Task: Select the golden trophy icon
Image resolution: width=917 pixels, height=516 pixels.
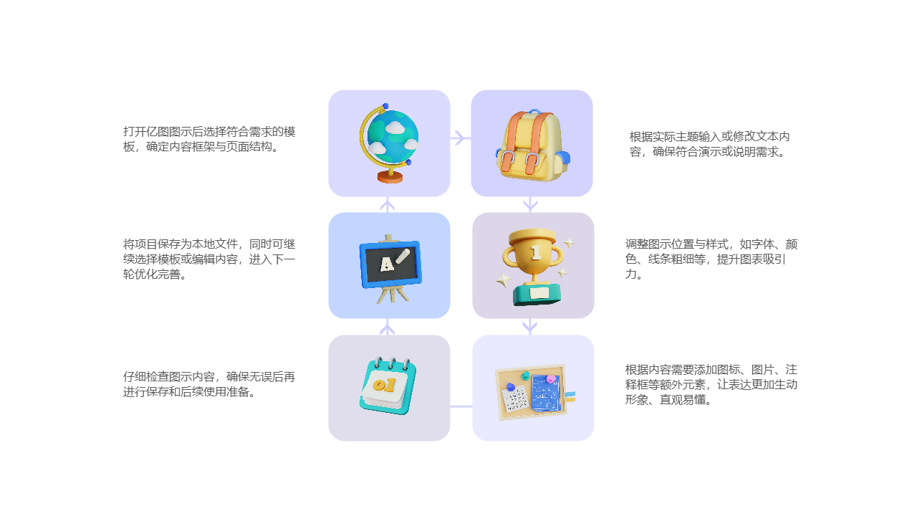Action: [x=534, y=266]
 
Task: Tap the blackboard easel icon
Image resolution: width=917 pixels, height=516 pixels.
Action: [x=389, y=267]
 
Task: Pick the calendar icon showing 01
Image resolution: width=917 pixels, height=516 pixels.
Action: [x=388, y=386]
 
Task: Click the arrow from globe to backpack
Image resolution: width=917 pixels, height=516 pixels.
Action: [x=461, y=138]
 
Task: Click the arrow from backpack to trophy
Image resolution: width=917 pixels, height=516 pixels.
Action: [x=530, y=204]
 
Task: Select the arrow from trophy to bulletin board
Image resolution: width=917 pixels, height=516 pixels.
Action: [x=529, y=327]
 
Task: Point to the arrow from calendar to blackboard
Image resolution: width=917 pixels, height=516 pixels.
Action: [x=387, y=328]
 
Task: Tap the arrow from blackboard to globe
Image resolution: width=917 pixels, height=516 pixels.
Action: [x=387, y=205]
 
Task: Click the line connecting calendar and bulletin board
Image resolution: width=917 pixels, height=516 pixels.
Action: [x=461, y=406]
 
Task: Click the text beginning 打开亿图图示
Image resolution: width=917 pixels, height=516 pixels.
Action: [x=209, y=139]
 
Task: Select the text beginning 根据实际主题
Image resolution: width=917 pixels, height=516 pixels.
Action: [x=709, y=144]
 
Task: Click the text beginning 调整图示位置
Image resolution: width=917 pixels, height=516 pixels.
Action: [x=711, y=259]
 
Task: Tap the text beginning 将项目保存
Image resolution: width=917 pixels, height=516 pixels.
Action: [x=209, y=259]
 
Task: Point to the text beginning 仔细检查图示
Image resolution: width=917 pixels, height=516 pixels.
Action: [x=209, y=384]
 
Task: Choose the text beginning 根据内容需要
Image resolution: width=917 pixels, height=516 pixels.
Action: [x=711, y=384]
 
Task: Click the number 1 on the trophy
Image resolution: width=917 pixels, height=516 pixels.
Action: [x=535, y=252]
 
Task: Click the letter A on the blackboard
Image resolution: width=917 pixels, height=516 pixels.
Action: [x=386, y=264]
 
